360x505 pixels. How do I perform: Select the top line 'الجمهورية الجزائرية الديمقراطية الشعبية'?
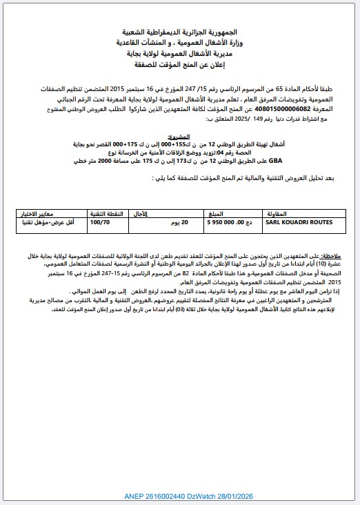[x=188, y=32]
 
